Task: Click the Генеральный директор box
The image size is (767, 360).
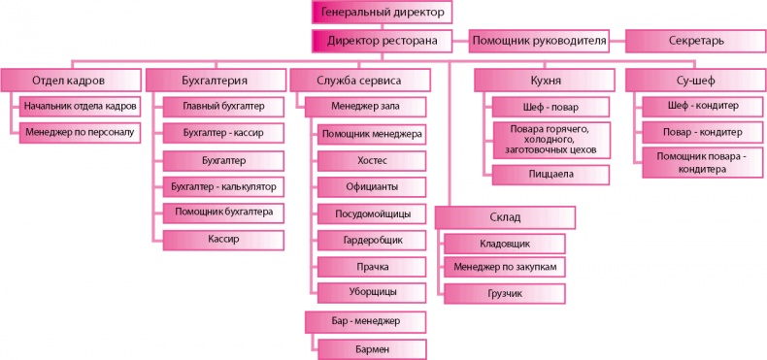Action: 383,12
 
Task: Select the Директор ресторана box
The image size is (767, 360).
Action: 383,41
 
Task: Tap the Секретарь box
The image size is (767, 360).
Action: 695,41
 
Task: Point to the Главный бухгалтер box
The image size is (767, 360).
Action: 223,106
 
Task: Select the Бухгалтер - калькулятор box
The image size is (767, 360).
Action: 223,185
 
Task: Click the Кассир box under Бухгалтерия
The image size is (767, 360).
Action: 223,238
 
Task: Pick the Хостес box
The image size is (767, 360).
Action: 371,159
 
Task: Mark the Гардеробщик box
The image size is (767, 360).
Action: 371,239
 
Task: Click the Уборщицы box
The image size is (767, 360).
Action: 371,290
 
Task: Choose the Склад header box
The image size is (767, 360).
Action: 505,215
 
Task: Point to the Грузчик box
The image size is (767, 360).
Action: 505,290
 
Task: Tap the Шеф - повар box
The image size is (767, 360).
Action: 551,106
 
